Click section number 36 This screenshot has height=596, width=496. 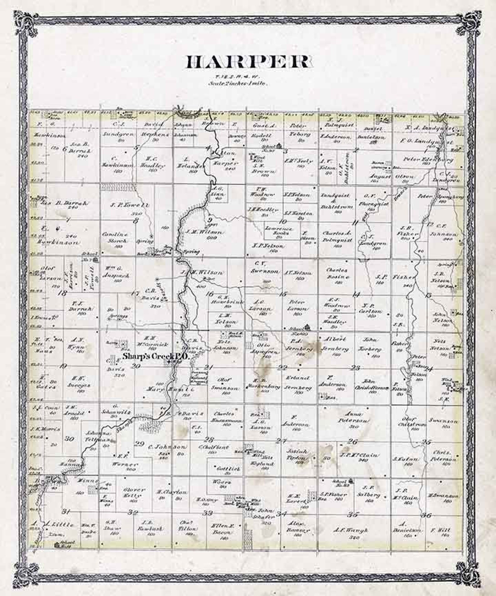click(426, 515)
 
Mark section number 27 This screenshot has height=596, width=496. click(281, 441)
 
